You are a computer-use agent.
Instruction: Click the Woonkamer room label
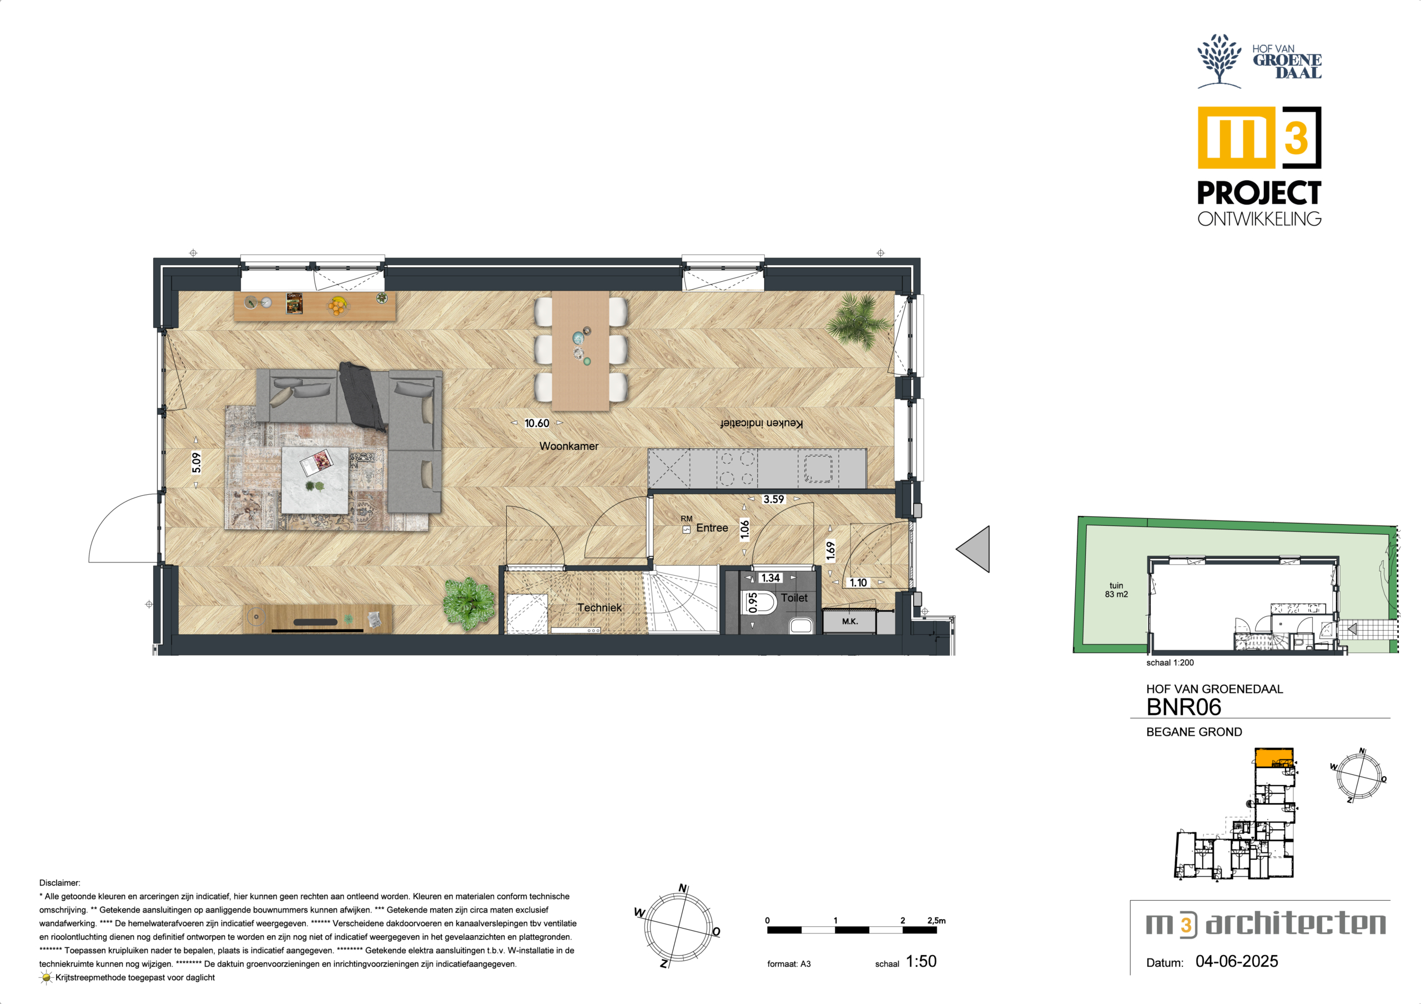click(x=569, y=446)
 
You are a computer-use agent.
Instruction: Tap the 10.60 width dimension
click(x=537, y=423)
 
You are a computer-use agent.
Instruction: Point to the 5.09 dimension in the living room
click(x=196, y=463)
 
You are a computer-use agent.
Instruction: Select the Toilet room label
click(x=794, y=597)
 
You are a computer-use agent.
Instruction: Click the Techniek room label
click(x=599, y=607)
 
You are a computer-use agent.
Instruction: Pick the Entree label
click(x=712, y=528)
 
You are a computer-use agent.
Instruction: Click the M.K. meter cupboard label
click(x=850, y=621)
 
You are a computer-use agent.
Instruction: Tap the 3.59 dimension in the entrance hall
click(x=774, y=499)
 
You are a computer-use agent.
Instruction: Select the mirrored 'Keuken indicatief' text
click(x=761, y=423)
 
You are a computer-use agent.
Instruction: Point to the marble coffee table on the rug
click(x=315, y=480)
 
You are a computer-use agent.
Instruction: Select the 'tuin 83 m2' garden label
click(x=1116, y=590)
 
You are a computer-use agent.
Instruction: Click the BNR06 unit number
click(x=1183, y=707)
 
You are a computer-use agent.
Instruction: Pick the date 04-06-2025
click(x=1237, y=961)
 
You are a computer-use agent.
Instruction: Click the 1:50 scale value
click(x=921, y=961)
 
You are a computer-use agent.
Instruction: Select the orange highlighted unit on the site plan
click(x=1274, y=758)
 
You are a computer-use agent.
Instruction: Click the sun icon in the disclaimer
click(x=47, y=978)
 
